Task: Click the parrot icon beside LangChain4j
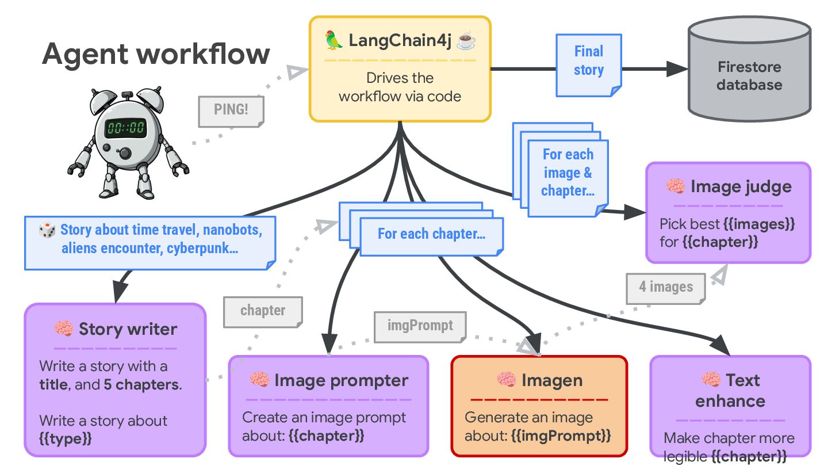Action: tap(334, 41)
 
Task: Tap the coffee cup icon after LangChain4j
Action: tap(466, 41)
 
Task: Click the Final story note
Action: tap(588, 62)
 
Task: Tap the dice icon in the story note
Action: tap(47, 231)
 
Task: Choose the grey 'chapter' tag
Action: tap(263, 311)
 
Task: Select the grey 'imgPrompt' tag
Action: tap(420, 326)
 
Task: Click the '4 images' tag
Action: tap(666, 287)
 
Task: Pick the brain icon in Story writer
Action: tap(63, 329)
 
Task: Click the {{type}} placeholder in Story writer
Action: tap(66, 439)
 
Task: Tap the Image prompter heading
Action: tap(341, 380)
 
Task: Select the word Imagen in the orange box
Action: tap(552, 380)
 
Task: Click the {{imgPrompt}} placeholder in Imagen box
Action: tap(561, 435)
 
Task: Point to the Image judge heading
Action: tap(741, 186)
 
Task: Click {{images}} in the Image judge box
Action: tap(758, 224)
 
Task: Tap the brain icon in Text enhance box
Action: tap(711, 380)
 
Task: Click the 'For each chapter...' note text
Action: tap(431, 234)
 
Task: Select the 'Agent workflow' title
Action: tap(156, 54)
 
